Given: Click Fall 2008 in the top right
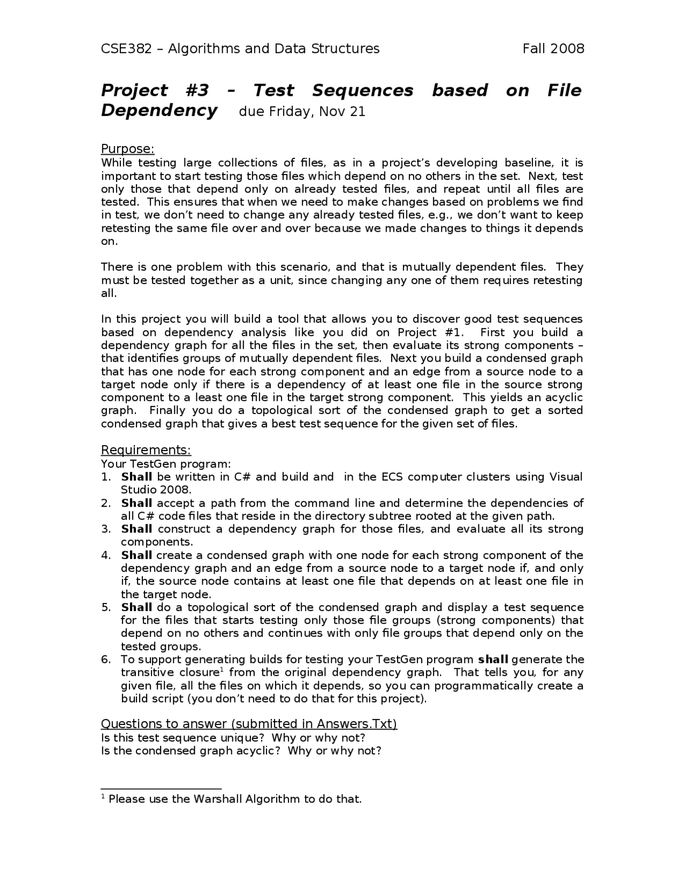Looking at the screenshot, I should point(553,49).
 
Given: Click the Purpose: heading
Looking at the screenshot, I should point(127,149).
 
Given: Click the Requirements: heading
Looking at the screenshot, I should point(146,449).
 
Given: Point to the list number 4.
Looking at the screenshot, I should point(106,555).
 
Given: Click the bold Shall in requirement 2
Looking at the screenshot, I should point(136,503).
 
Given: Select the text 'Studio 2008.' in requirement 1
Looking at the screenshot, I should point(156,490).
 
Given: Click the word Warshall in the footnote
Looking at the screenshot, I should point(216,799).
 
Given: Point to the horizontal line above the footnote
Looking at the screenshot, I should point(161,789).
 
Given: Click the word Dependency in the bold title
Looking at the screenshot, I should point(159,111).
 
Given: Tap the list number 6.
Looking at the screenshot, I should point(106,660).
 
